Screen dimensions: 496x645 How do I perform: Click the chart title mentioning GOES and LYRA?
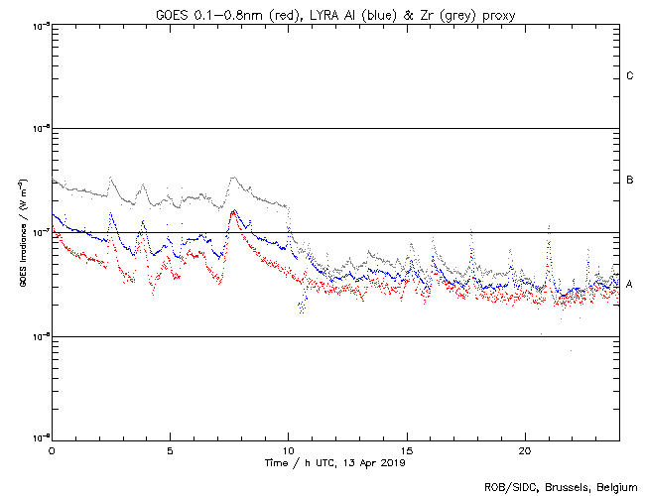[x=335, y=14]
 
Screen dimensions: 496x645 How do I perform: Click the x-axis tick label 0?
[x=52, y=450]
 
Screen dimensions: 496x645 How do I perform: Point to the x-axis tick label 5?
[x=170, y=450]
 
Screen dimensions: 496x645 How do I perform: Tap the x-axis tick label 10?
[x=288, y=450]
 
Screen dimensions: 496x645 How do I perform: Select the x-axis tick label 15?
[x=407, y=450]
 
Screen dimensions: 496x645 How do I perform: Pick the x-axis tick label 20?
[x=525, y=450]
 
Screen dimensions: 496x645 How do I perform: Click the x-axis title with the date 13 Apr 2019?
[x=335, y=462]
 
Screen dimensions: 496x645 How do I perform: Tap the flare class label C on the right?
[x=630, y=76]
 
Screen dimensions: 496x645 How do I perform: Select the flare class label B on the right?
[x=630, y=181]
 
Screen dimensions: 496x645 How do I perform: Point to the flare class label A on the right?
[x=630, y=285]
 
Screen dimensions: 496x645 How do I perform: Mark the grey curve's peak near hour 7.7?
[x=233, y=179]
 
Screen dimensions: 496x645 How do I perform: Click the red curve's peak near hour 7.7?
[x=233, y=211]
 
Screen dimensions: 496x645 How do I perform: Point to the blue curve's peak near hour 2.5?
[x=110, y=214]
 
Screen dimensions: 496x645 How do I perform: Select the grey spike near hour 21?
[x=549, y=227]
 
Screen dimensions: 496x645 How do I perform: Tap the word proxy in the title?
[x=496, y=14]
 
